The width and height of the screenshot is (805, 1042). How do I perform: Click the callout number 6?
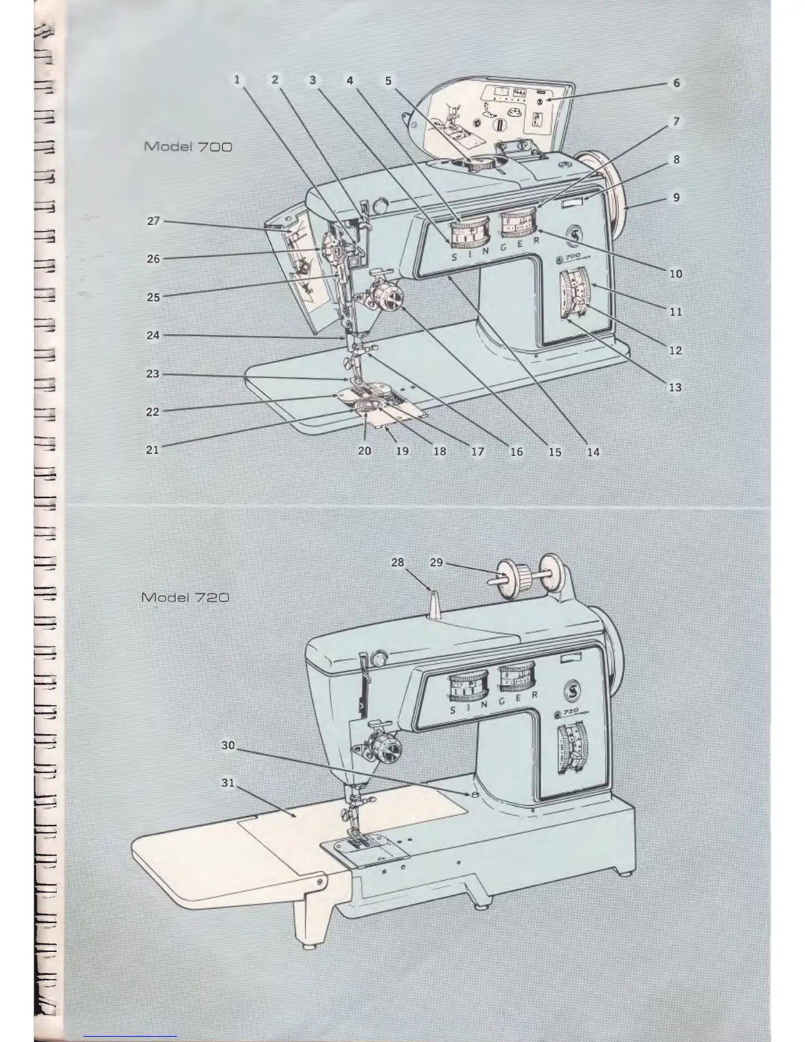(x=676, y=84)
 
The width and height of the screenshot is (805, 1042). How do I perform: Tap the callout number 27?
(x=153, y=221)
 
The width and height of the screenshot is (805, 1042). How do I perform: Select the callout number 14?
(x=593, y=452)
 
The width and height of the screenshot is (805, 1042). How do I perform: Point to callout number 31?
(x=228, y=783)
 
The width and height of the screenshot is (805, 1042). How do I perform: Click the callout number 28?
(x=398, y=562)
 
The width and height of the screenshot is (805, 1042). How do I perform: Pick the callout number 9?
(x=676, y=197)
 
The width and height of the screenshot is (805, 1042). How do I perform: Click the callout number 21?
(x=152, y=451)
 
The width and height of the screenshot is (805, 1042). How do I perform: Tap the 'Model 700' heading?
(x=187, y=146)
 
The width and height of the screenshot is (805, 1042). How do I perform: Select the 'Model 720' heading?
(x=185, y=597)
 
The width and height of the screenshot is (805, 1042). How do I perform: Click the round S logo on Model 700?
(x=576, y=236)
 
